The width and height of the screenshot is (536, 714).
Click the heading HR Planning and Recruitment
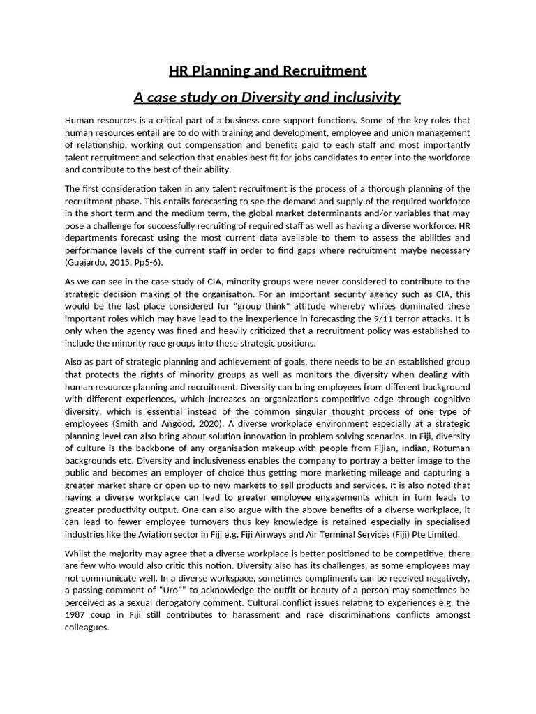267,71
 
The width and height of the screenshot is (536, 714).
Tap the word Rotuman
450,448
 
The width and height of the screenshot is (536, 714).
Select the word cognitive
449,397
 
